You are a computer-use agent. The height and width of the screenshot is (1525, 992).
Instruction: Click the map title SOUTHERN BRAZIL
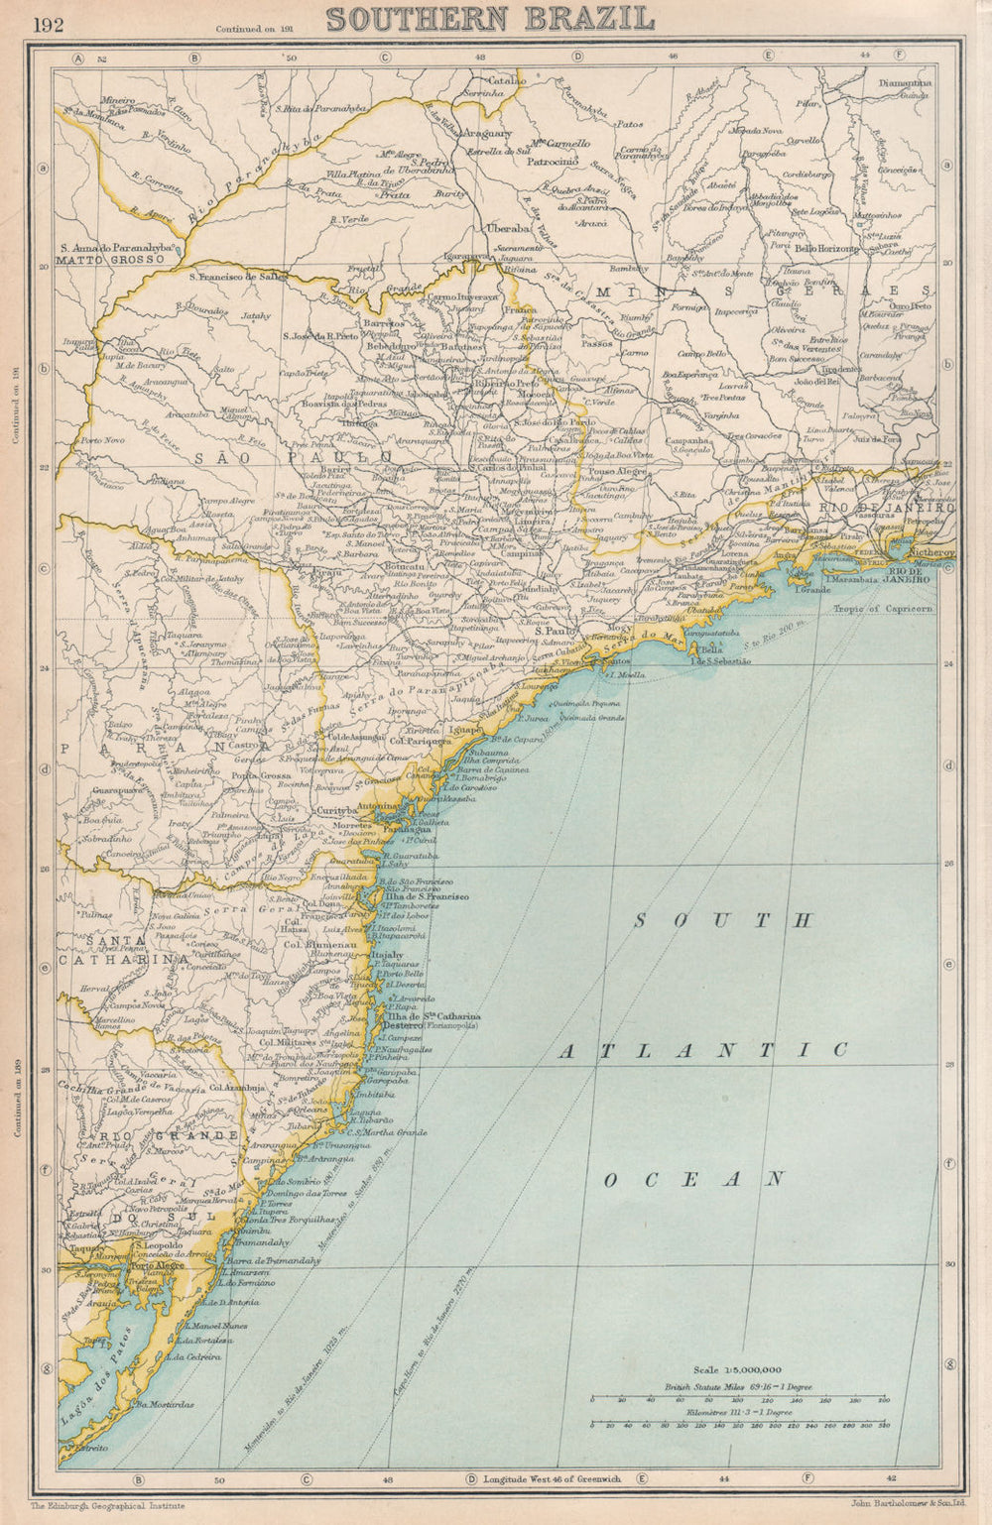pyautogui.click(x=490, y=19)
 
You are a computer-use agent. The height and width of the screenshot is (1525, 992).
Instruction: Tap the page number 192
pyautogui.click(x=48, y=25)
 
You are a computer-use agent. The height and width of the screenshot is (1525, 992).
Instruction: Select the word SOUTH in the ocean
pyautogui.click(x=723, y=921)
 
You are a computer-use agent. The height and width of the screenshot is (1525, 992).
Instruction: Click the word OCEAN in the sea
pyautogui.click(x=694, y=1179)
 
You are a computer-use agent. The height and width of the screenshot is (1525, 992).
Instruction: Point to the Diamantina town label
pyautogui.click(x=905, y=83)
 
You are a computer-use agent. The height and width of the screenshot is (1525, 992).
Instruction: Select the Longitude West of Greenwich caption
pyautogui.click(x=552, y=1478)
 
